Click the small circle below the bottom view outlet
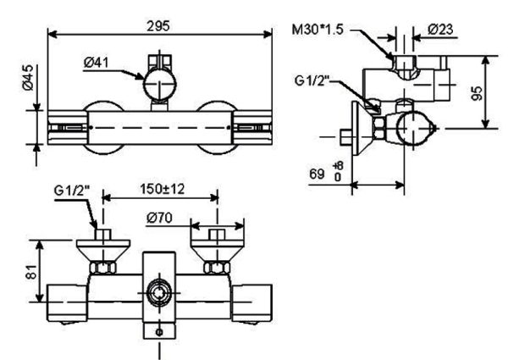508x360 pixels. click(x=159, y=332)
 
